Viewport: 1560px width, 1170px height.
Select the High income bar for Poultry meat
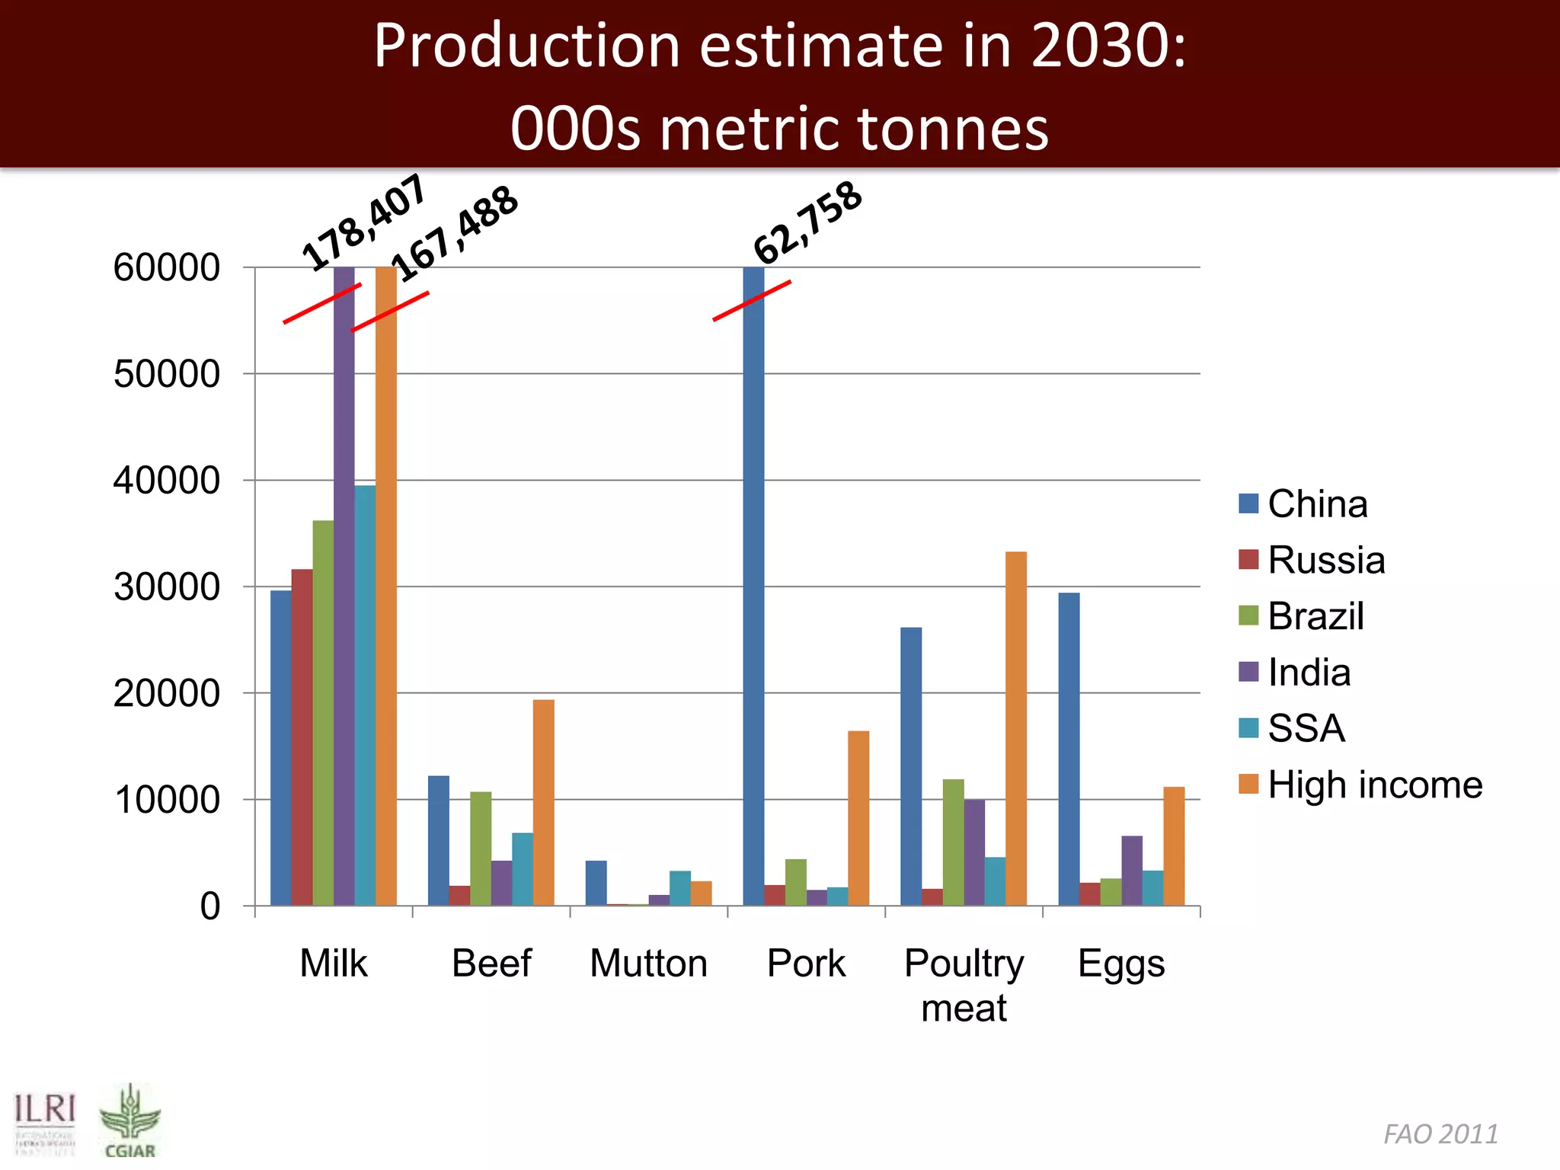coord(1016,728)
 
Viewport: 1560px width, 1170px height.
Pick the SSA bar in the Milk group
coord(365,695)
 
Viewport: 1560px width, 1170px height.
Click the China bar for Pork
coord(754,587)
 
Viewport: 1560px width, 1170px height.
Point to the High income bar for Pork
coord(858,818)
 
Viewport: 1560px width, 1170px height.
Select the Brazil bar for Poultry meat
coord(953,842)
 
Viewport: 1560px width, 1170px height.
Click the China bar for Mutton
coord(596,883)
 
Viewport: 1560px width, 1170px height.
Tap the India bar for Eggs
coord(1132,871)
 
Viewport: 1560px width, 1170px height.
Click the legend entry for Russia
coord(1325,560)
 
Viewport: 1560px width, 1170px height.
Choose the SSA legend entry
coord(1306,728)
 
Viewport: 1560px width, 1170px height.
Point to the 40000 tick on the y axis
coord(167,481)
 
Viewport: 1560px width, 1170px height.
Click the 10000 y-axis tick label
coord(167,800)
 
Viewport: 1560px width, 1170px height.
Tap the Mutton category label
coord(649,963)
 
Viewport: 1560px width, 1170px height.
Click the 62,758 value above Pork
coord(807,222)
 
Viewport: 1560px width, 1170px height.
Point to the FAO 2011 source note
coord(1440,1134)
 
